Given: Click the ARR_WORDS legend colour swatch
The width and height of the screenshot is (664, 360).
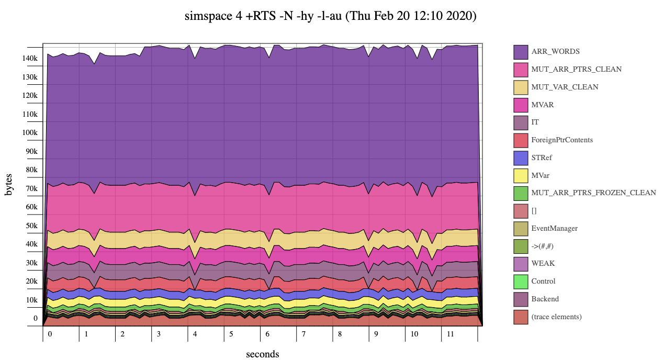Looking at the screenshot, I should (x=521, y=52).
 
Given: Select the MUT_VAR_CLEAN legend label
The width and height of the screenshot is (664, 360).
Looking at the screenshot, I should (x=565, y=87).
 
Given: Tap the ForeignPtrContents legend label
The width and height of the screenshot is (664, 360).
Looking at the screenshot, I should (x=562, y=140).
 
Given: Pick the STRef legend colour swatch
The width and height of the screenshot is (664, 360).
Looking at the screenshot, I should (x=521, y=157).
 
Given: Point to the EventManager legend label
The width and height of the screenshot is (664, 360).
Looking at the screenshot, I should (x=554, y=228).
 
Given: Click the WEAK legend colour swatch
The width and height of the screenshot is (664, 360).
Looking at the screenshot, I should (x=521, y=264).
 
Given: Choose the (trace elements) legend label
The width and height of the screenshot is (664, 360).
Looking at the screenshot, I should (x=556, y=317).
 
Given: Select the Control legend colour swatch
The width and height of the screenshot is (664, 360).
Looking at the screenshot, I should (x=521, y=282).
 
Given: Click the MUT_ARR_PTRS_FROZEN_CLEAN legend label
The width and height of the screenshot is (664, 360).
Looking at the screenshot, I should (x=593, y=193).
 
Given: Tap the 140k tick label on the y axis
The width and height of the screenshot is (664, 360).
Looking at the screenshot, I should (x=30, y=58).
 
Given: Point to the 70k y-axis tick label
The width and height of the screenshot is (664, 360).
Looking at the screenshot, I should (x=31, y=188).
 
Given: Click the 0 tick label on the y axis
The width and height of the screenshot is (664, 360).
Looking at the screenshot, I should (x=36, y=318).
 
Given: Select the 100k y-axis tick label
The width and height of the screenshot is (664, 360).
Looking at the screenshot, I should (x=30, y=132).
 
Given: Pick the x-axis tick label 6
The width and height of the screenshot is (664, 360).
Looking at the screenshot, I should (x=267, y=334).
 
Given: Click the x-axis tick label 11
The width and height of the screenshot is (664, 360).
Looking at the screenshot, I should (x=448, y=334).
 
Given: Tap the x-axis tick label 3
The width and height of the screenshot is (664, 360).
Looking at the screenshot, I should (x=159, y=334).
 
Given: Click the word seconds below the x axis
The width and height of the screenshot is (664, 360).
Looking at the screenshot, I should (x=263, y=354).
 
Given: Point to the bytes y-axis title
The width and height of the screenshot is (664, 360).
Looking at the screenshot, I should (x=9, y=185).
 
